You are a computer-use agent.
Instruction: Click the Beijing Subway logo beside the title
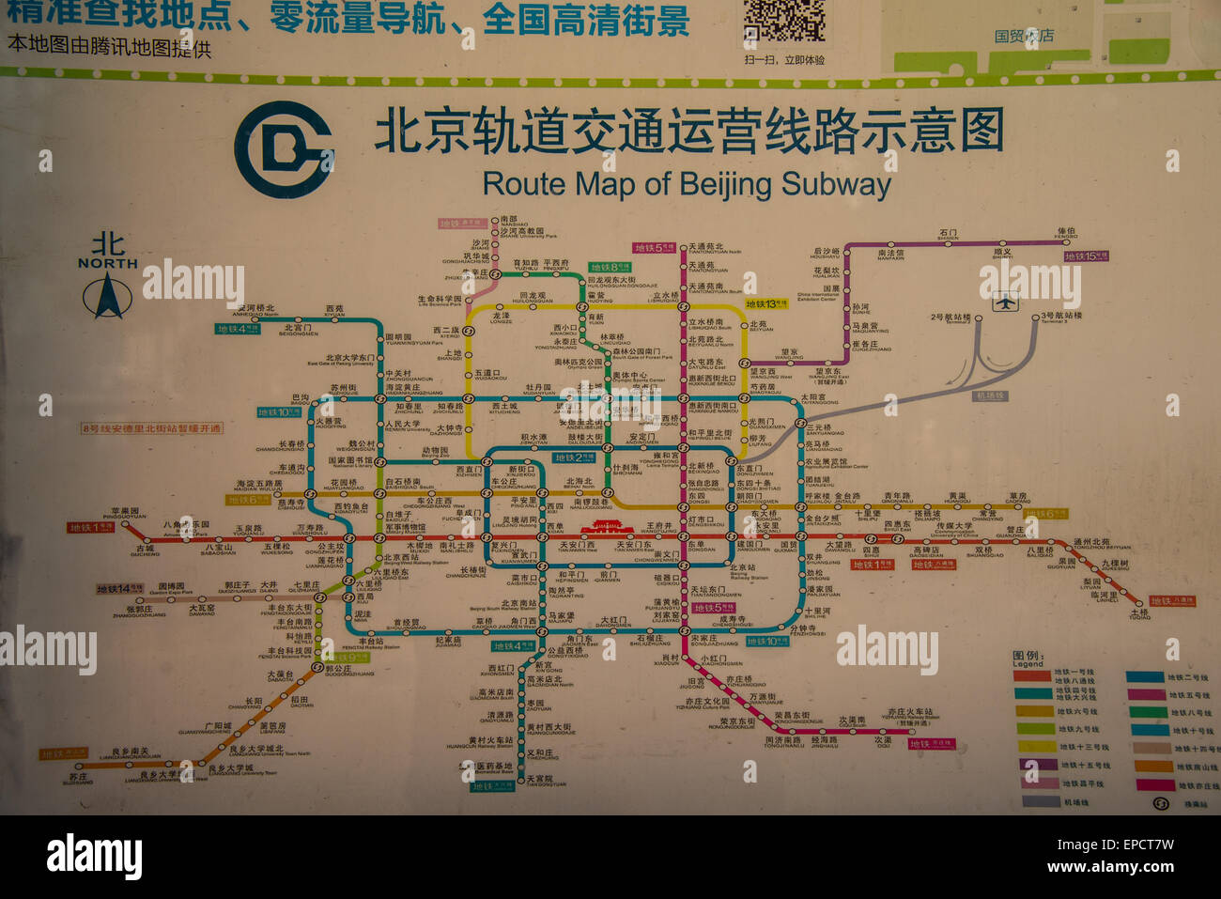[x=283, y=149]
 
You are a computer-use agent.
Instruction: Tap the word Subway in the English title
[x=835, y=183]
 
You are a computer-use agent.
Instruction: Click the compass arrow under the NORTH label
[x=107, y=298]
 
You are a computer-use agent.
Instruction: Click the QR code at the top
[x=784, y=20]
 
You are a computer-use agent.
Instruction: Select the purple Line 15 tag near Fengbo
[x=1085, y=256]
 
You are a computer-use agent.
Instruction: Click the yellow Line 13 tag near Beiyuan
[x=766, y=303]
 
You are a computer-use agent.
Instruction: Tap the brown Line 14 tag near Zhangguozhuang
[x=119, y=589]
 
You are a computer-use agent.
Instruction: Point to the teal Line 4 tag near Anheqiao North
[x=238, y=329]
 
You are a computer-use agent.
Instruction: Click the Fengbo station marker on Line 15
[x=1066, y=242]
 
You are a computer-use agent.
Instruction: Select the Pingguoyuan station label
[x=124, y=514]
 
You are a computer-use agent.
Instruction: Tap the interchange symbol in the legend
[x=1161, y=803]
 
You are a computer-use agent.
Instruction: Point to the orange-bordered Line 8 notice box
[x=152, y=428]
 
